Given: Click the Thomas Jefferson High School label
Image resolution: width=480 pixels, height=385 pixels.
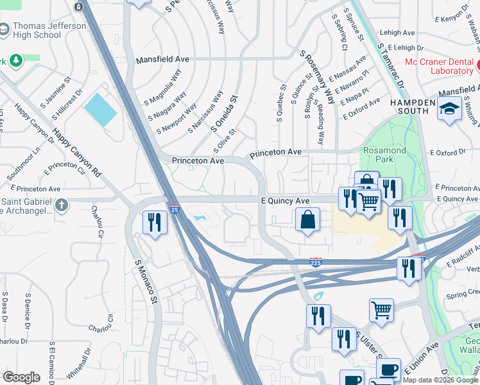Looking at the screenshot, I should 50,31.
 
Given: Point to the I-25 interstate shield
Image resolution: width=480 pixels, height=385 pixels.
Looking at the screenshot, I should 174,209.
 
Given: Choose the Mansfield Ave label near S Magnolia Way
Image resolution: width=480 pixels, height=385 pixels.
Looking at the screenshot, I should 162,59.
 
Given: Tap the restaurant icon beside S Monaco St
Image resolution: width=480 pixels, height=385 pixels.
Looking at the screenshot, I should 154,223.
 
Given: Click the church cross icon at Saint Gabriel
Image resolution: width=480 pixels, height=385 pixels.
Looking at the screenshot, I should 61,205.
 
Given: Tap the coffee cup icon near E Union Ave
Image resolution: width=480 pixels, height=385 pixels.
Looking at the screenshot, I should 388,370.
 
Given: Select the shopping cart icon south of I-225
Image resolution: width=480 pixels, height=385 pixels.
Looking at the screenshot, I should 381,310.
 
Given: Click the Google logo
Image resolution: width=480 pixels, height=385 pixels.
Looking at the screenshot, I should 21,377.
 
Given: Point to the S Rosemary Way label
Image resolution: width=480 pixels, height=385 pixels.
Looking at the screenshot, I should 318,79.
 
